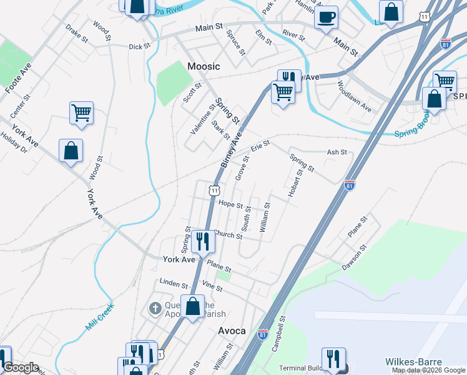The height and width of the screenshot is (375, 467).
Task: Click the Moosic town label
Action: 204,66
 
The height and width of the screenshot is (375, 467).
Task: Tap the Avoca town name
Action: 231,331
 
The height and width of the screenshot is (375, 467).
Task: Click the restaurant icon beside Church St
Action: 202,239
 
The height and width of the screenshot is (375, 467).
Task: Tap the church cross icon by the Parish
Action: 155,308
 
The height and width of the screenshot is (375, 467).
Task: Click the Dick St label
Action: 140,46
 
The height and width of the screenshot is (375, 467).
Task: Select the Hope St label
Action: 230,204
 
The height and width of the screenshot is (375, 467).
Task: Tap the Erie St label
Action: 260,146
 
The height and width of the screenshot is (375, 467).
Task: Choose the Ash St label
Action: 337,152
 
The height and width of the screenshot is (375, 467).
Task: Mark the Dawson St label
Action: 353,257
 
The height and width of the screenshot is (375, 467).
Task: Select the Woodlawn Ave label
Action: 354,96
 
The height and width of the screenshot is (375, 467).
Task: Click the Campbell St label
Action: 278,335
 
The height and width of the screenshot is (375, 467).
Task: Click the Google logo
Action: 21,367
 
